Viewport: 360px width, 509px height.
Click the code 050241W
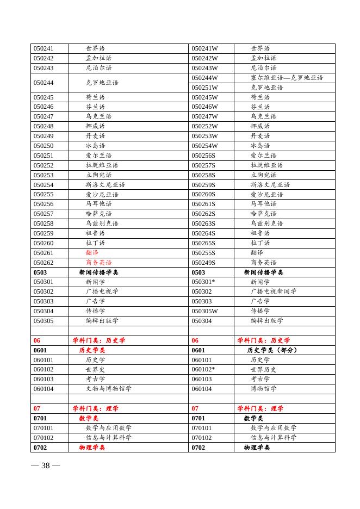click(204, 48)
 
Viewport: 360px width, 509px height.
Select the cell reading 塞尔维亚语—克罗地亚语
click(287, 78)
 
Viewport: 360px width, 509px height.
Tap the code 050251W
click(204, 88)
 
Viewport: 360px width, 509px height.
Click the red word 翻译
click(92, 253)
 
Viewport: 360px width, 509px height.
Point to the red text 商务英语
click(98, 263)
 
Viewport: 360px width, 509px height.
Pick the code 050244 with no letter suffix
click(44, 83)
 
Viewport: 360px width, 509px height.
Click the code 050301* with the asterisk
click(203, 282)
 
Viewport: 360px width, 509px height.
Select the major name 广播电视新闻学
click(274, 291)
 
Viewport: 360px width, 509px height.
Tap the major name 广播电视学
click(102, 291)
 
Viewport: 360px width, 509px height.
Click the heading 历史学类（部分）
click(272, 350)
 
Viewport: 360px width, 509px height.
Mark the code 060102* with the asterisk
click(203, 369)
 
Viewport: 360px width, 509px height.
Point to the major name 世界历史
click(264, 369)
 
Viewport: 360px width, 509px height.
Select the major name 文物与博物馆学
click(108, 389)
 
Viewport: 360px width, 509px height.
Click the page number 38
click(46, 465)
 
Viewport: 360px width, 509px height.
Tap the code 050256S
click(203, 156)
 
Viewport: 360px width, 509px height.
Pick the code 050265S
click(203, 243)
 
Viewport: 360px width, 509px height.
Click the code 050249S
click(203, 263)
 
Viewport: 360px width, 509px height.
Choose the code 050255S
click(203, 253)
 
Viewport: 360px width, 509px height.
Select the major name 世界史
click(95, 369)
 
